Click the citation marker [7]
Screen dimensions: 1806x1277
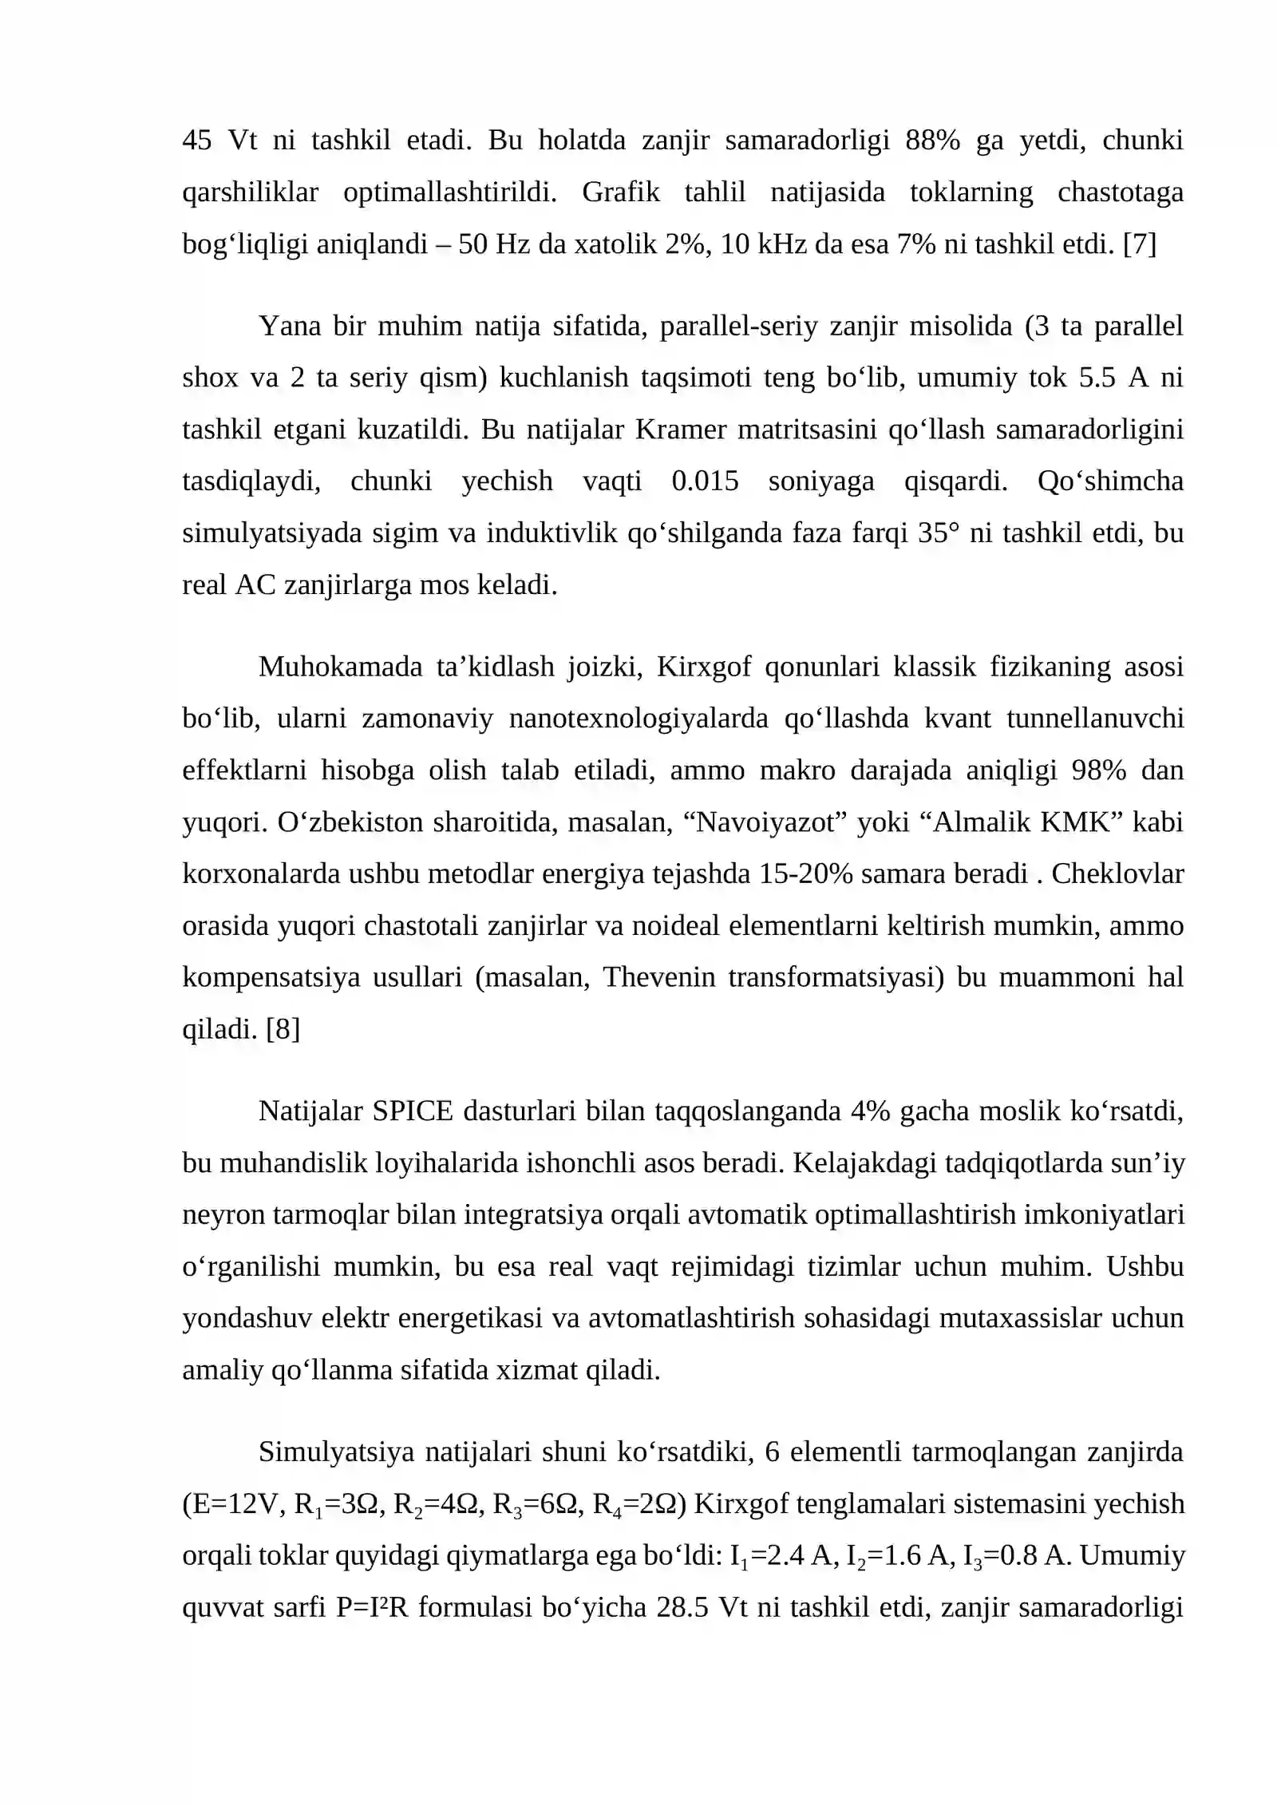click(1139, 244)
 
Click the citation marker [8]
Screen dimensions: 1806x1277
click(283, 1029)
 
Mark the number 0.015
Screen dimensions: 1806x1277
click(705, 481)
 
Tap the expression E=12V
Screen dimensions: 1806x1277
click(236, 1504)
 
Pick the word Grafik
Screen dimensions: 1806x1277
click(621, 192)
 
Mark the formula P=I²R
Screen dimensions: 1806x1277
click(371, 1608)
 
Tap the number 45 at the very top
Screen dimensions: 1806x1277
click(197, 141)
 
